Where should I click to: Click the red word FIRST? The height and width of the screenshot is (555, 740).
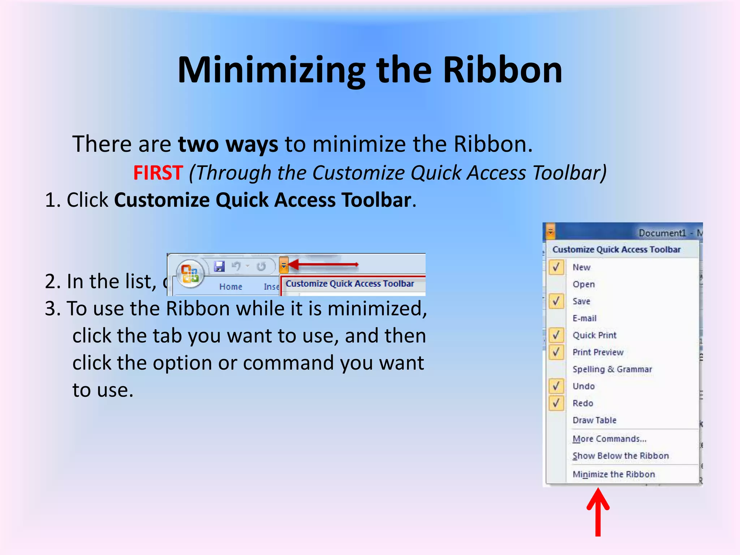click(x=158, y=172)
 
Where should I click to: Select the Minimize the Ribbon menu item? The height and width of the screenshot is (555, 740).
click(x=614, y=474)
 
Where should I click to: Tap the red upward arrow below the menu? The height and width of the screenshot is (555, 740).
click(x=598, y=511)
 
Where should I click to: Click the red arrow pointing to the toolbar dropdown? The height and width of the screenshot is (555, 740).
click(x=323, y=264)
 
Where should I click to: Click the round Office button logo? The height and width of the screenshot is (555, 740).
click(x=190, y=274)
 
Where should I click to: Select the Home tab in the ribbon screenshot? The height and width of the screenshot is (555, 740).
click(x=231, y=287)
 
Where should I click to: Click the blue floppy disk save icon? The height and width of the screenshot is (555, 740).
click(x=219, y=267)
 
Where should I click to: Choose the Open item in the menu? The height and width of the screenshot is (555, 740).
click(x=584, y=284)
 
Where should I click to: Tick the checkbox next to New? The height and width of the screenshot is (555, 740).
click(x=556, y=267)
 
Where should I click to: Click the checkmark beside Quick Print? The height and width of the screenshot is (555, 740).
click(x=556, y=335)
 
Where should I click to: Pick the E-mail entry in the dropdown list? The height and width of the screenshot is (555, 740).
click(x=584, y=318)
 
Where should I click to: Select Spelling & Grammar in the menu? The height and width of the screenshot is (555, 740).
click(x=612, y=369)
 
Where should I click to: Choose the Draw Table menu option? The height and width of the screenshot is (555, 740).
click(x=594, y=420)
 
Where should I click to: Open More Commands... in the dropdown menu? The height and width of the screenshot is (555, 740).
click(x=609, y=439)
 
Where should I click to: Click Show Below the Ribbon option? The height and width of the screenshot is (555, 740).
click(x=620, y=456)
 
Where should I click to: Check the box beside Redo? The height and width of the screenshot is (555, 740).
click(x=556, y=403)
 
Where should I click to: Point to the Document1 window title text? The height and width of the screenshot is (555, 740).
click(x=662, y=233)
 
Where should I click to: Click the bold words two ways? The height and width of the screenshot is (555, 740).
click(x=228, y=144)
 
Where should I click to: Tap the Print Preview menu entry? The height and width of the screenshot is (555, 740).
click(x=598, y=352)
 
